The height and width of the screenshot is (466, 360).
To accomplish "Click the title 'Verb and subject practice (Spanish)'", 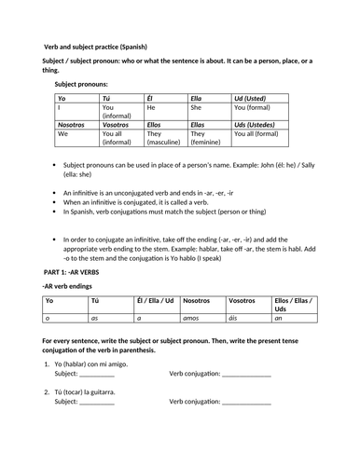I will [x=102, y=47].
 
